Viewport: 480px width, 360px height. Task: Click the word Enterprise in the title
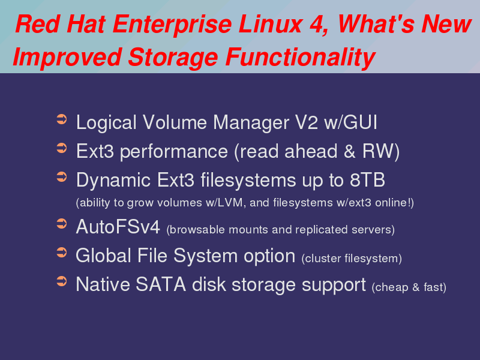[172, 25]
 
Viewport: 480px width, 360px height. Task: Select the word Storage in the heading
[173, 58]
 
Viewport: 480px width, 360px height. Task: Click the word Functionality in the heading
[301, 58]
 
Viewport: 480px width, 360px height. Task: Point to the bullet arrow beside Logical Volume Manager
[62, 119]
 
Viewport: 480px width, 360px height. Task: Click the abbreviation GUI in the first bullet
[361, 122]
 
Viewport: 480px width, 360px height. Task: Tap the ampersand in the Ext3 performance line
[349, 151]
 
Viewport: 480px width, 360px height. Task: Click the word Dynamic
[113, 181]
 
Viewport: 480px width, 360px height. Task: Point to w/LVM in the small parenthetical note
[226, 203]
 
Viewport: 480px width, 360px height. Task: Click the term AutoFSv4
[118, 227]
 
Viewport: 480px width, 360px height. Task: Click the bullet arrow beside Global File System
[62, 253]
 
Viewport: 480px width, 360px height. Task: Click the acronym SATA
[161, 284]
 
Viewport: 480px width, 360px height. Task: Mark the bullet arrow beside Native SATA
[62, 281]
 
